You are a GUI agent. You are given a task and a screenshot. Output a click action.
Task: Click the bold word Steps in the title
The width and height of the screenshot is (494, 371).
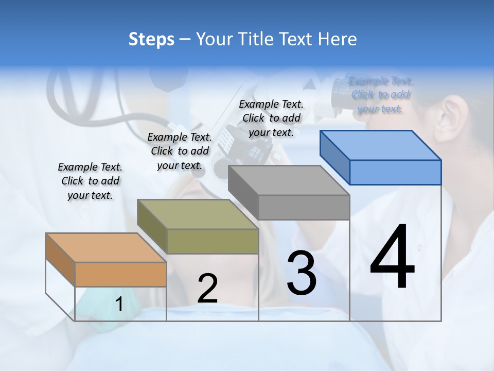(x=151, y=39)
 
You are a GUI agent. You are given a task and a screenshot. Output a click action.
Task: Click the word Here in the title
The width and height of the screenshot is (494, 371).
(x=338, y=39)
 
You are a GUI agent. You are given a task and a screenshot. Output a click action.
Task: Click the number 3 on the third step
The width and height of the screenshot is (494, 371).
(x=302, y=273)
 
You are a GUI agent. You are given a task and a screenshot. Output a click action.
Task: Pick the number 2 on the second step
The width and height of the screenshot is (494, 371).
(x=207, y=289)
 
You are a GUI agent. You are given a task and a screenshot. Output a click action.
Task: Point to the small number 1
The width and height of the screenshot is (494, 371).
(x=119, y=304)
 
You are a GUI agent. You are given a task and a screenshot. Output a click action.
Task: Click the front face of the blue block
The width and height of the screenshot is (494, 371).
(x=395, y=172)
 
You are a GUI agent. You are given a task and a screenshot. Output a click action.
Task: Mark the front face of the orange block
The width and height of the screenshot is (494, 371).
(x=120, y=274)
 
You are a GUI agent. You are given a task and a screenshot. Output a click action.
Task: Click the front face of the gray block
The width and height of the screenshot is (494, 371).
(x=304, y=207)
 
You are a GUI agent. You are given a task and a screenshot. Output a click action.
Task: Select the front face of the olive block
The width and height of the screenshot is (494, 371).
(x=213, y=241)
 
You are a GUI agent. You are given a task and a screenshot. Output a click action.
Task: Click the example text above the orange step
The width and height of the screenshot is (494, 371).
(x=90, y=181)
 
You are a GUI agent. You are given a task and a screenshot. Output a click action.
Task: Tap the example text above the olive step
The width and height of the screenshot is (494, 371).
(x=180, y=151)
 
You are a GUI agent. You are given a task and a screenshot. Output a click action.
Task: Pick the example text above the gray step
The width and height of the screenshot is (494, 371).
(x=271, y=118)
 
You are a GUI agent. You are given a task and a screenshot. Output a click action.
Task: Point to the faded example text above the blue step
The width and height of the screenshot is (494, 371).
(x=381, y=95)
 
